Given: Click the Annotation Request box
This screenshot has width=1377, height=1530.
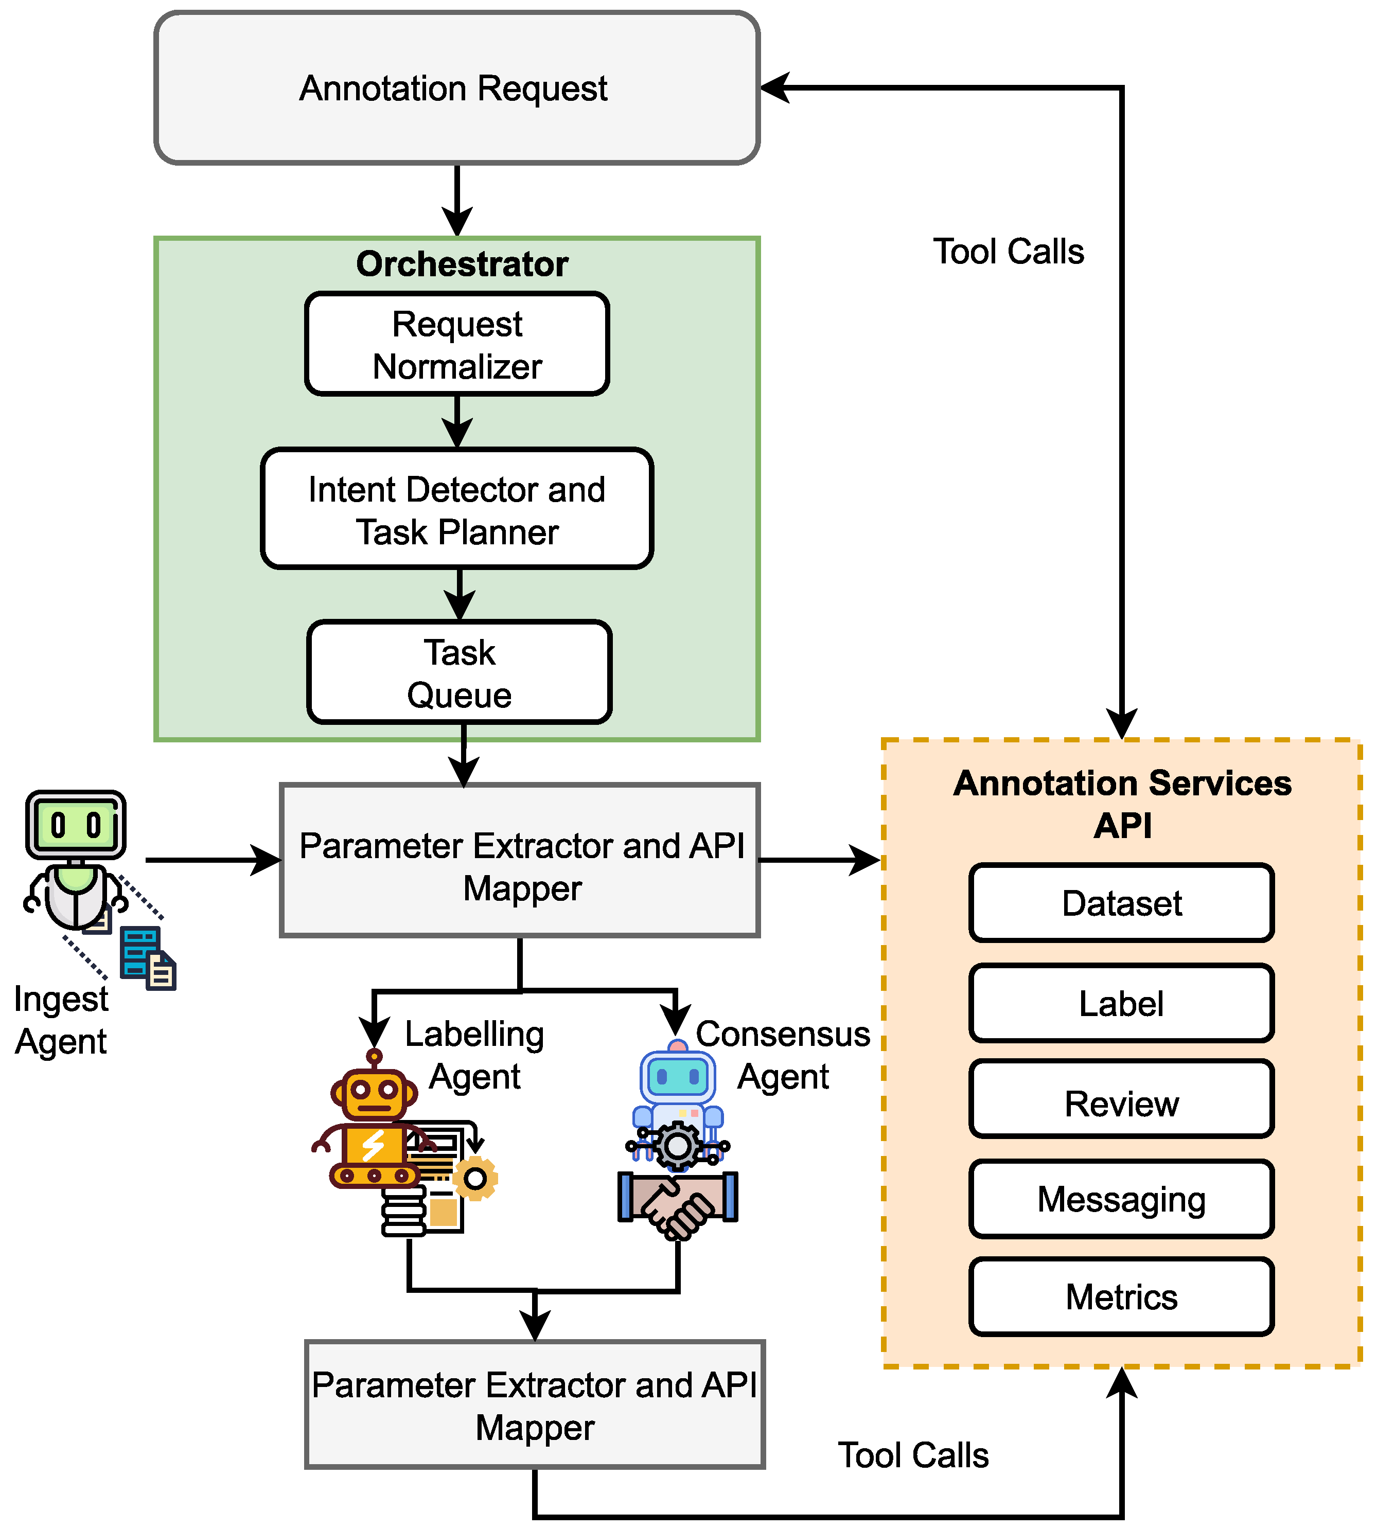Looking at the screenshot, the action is pos(457,88).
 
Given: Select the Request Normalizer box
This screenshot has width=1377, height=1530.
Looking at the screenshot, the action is pos(457,344).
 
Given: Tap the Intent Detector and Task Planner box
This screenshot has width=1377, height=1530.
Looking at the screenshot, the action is pos(457,509).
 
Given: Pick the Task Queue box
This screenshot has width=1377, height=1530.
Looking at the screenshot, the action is pos(459,672).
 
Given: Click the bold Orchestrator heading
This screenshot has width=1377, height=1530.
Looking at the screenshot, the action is pos(462,264).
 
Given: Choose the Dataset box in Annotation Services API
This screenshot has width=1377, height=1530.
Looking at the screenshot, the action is pos(1122,903).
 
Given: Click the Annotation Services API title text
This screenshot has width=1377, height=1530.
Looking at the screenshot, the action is pos(1123,804).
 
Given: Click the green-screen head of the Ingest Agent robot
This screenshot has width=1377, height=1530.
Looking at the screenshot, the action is pos(76,824).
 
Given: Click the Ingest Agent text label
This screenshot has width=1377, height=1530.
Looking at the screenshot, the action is pos(61,1020).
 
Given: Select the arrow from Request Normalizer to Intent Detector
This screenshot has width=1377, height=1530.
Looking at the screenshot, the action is pos(457,421).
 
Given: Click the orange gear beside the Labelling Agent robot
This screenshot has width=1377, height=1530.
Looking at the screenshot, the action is pos(475,1178).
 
